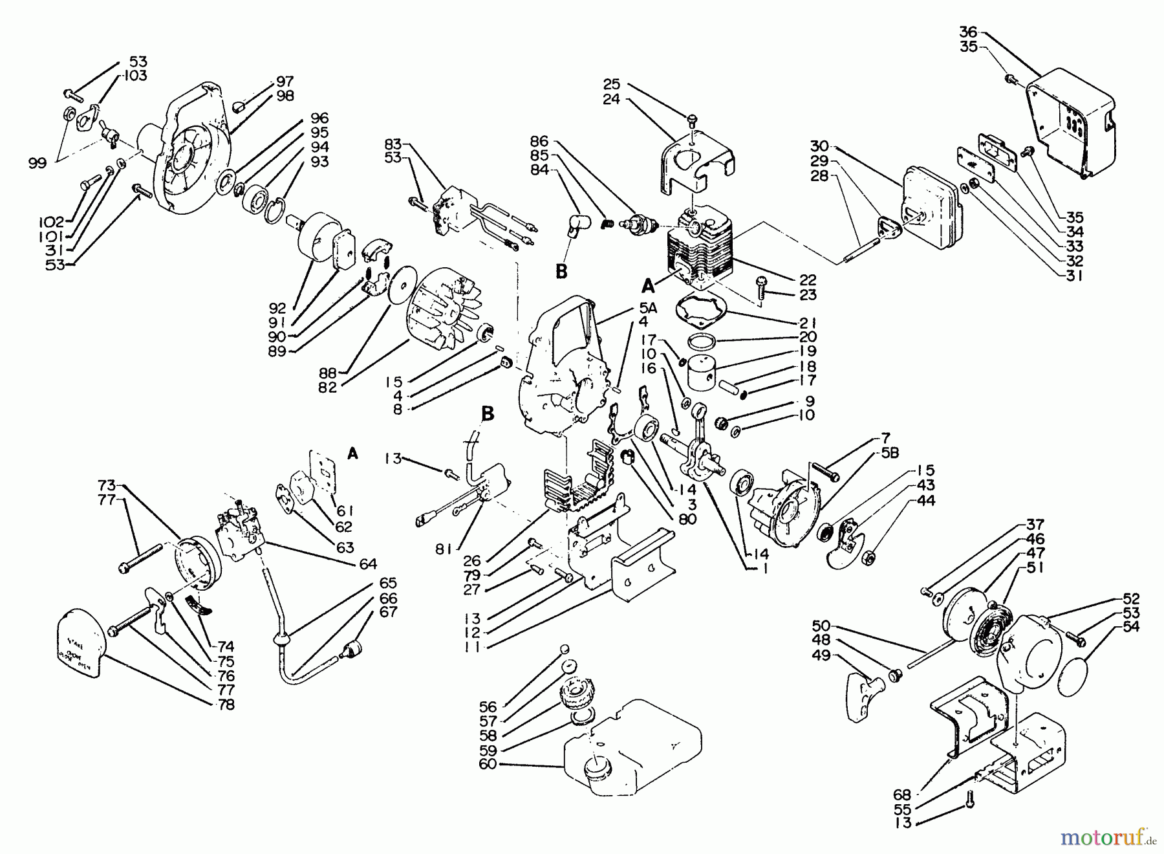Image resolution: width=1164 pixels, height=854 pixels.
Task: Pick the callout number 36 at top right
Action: [968, 32]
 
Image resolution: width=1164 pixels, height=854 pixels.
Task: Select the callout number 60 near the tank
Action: [488, 765]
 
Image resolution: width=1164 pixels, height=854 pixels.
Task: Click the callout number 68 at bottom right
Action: [902, 794]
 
